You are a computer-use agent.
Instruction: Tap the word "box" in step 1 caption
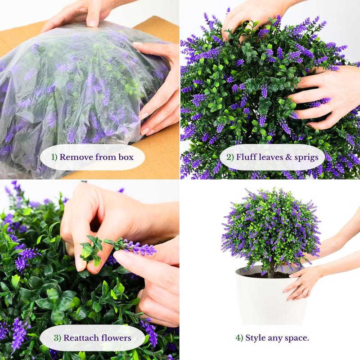pos(126,157)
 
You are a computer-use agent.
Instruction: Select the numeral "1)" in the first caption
pos(54,157)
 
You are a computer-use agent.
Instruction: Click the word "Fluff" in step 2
pos(247,157)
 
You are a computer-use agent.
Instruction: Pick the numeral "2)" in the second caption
pos(230,157)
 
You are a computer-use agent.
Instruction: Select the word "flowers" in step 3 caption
pos(116,338)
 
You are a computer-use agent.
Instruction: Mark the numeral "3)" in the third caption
pos(58,338)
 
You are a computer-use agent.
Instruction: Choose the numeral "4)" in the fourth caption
pos(239,338)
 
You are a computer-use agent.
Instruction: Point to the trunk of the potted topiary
pos(272,269)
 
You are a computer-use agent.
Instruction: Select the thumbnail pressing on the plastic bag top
pos(93,24)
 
